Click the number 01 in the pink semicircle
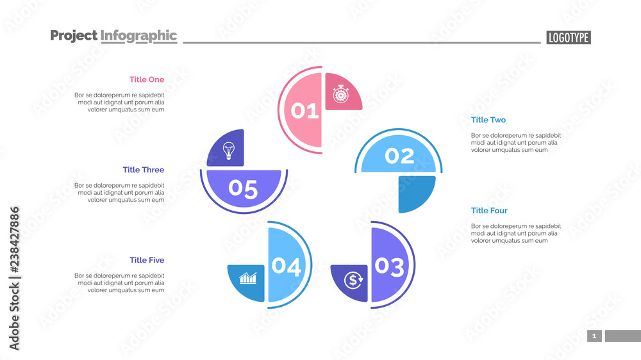305,111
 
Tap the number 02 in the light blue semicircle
399,156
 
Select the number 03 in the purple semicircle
389,266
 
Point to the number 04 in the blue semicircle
286,266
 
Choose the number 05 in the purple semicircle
243,189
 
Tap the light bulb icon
228,151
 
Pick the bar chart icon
248,279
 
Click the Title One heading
147,79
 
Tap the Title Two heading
488,120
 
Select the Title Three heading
144,170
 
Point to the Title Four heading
489,211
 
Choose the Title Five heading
147,260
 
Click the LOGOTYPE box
569,38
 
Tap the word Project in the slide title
74,36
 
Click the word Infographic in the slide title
138,36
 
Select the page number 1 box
594,336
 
